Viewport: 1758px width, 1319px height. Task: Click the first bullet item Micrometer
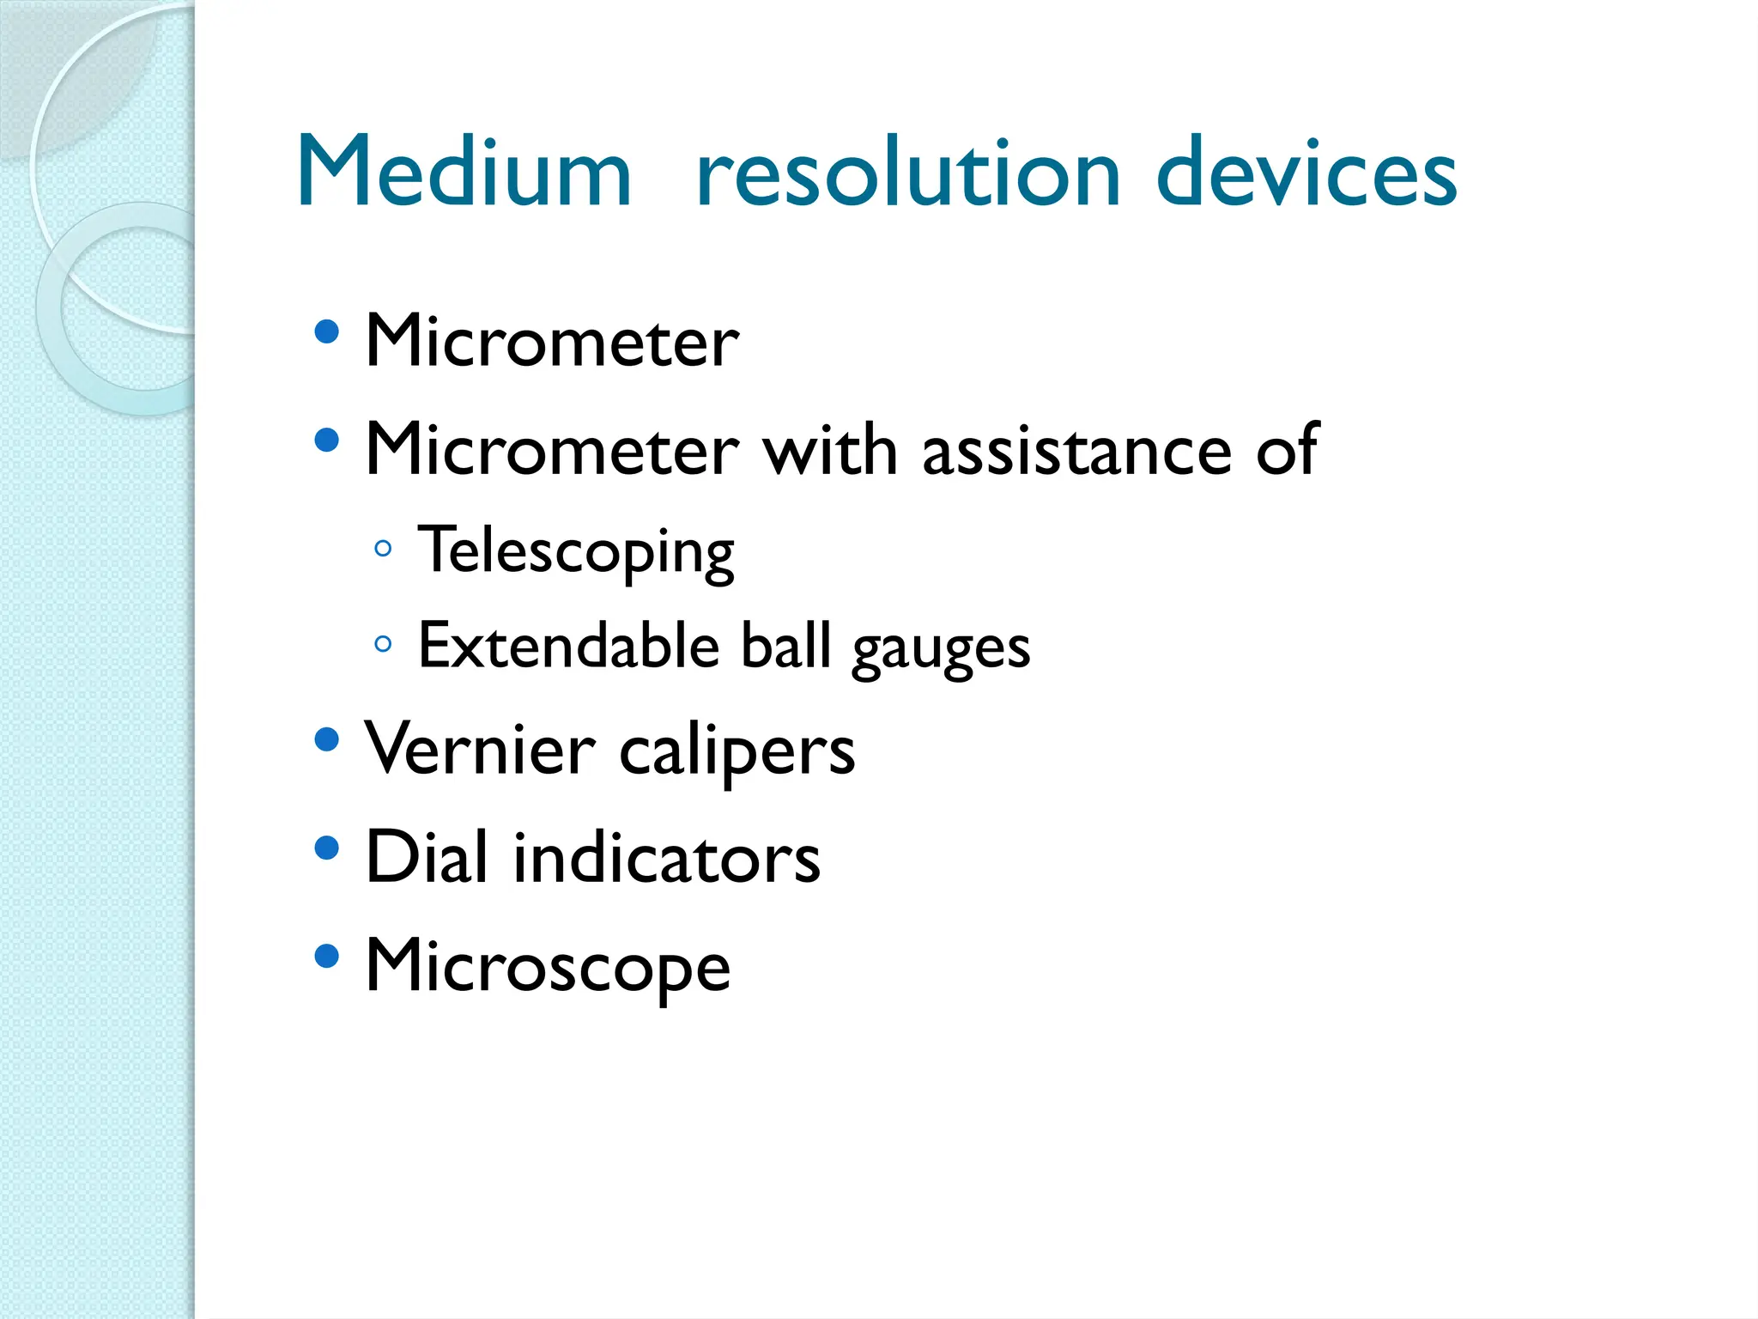click(551, 341)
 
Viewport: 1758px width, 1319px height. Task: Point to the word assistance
click(1076, 450)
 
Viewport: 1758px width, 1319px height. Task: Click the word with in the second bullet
click(830, 450)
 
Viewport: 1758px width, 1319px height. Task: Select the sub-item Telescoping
click(575, 551)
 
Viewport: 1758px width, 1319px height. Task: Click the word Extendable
click(568, 646)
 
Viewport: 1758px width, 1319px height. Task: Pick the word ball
click(785, 646)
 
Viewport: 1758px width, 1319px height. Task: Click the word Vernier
click(479, 749)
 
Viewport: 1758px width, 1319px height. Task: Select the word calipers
click(737, 752)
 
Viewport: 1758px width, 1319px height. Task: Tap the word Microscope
click(548, 968)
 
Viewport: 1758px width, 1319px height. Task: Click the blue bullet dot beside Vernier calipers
click(326, 740)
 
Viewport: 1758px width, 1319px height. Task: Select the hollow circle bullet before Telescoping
click(384, 548)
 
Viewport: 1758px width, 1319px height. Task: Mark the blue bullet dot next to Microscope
click(326, 957)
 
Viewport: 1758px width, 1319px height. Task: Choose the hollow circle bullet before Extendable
click(384, 643)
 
